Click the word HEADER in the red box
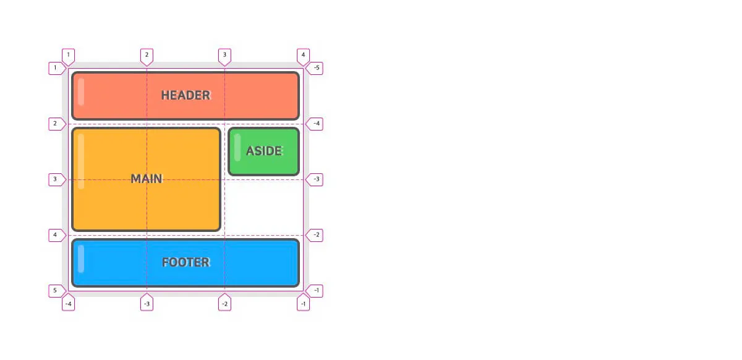[185, 95]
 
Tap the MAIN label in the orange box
[147, 179]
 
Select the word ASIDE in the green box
[264, 151]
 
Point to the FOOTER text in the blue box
[185, 262]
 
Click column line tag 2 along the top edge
[147, 56]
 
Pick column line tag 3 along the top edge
[224, 56]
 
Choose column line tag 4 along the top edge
[303, 56]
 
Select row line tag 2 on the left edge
[56, 124]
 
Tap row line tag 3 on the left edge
[56, 179]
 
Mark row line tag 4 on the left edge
[56, 235]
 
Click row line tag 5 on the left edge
[56, 291]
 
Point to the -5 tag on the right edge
[315, 68]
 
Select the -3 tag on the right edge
[315, 179]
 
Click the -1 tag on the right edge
[315, 291]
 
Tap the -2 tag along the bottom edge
[224, 303]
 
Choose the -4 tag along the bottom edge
[69, 303]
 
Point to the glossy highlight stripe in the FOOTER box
[81, 259]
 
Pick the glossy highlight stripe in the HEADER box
[81, 92]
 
